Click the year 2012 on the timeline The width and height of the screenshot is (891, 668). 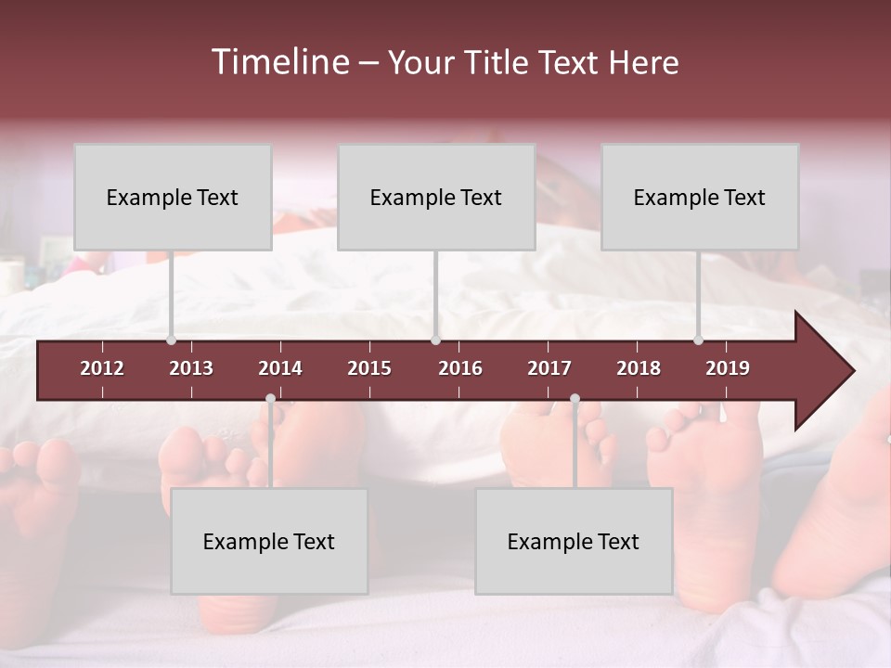tap(102, 368)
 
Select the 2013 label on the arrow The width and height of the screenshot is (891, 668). tap(191, 368)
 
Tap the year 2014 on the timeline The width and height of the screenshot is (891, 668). tap(280, 368)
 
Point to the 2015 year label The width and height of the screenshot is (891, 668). tap(369, 368)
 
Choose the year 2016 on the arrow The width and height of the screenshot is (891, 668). tap(460, 368)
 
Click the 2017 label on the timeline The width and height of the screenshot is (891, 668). tap(549, 368)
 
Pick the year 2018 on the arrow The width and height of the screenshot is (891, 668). tap(639, 368)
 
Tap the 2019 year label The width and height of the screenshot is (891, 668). tap(728, 368)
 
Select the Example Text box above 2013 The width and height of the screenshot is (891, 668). tap(173, 197)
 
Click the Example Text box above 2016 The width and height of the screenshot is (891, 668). tap(436, 197)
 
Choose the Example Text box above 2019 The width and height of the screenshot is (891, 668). tap(700, 197)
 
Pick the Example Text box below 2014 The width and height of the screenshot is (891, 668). tap(269, 541)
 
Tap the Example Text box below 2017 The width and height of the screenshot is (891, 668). tap(574, 541)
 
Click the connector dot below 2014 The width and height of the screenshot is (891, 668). tap(270, 399)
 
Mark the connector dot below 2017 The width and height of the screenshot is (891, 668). tap(575, 399)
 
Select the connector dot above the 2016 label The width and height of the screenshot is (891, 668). tap(435, 340)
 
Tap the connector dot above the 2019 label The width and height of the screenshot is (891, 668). tap(698, 340)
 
